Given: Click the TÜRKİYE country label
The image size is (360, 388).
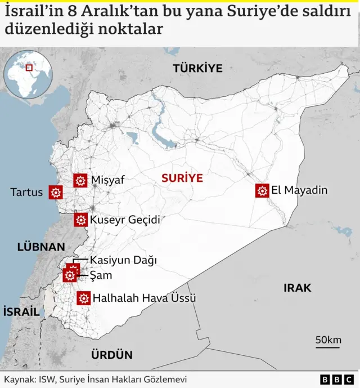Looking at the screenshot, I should coord(197,69).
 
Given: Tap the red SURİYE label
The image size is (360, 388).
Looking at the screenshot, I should coord(182,178).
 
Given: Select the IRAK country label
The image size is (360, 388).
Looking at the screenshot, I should coord(297,288).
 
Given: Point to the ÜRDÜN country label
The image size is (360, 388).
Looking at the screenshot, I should coord(111,355).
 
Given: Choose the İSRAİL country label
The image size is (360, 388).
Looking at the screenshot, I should coord(21,311).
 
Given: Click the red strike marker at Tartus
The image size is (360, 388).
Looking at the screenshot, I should coord(55,193).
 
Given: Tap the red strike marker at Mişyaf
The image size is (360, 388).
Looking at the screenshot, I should coord(80,180).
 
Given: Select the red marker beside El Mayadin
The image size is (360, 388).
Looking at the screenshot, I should coord(262,191).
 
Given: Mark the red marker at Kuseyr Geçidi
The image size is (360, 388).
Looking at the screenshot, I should coord(80,220).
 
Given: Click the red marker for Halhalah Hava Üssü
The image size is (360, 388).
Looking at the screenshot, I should coord(84,298).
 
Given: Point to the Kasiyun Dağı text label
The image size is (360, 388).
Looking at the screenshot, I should coord(123,260).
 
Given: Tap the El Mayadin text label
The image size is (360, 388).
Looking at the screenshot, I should coord(299,190).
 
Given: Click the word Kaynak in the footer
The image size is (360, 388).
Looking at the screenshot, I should coord(18,380).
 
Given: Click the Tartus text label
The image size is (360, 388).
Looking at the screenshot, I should coord(26,193).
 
